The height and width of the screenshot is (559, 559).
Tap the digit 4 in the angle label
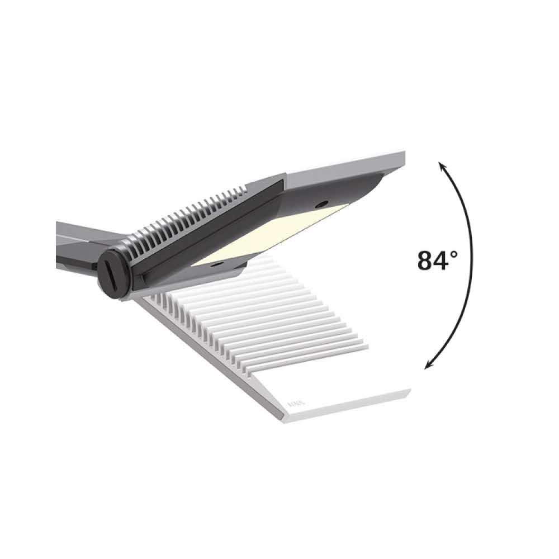pyautogui.click(x=443, y=260)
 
